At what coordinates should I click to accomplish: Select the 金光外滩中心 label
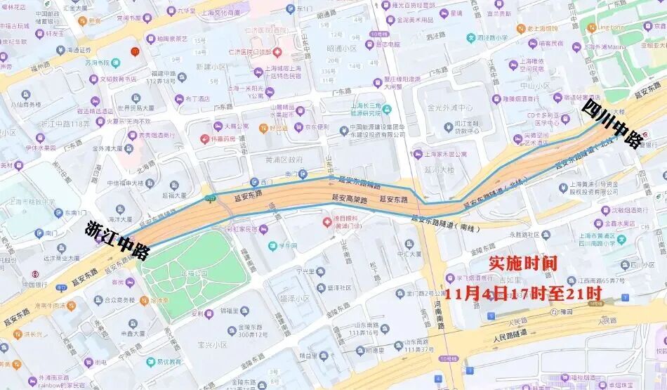click(x=449, y=108)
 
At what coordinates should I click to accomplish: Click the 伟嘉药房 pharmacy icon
click(x=205, y=138)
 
